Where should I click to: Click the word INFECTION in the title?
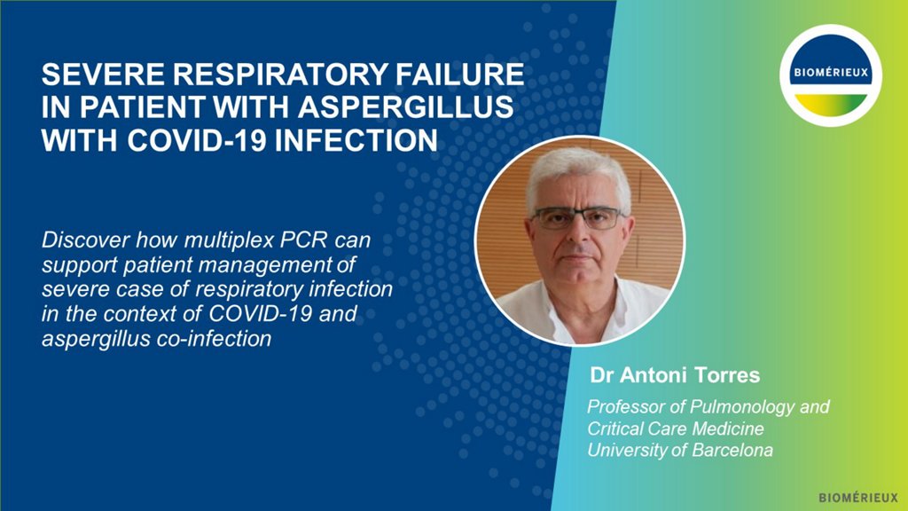356,140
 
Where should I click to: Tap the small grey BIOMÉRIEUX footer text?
858,498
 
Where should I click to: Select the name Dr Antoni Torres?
675,375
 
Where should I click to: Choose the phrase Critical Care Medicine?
675,428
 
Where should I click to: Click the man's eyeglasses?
576,218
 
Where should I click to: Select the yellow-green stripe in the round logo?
830,105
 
